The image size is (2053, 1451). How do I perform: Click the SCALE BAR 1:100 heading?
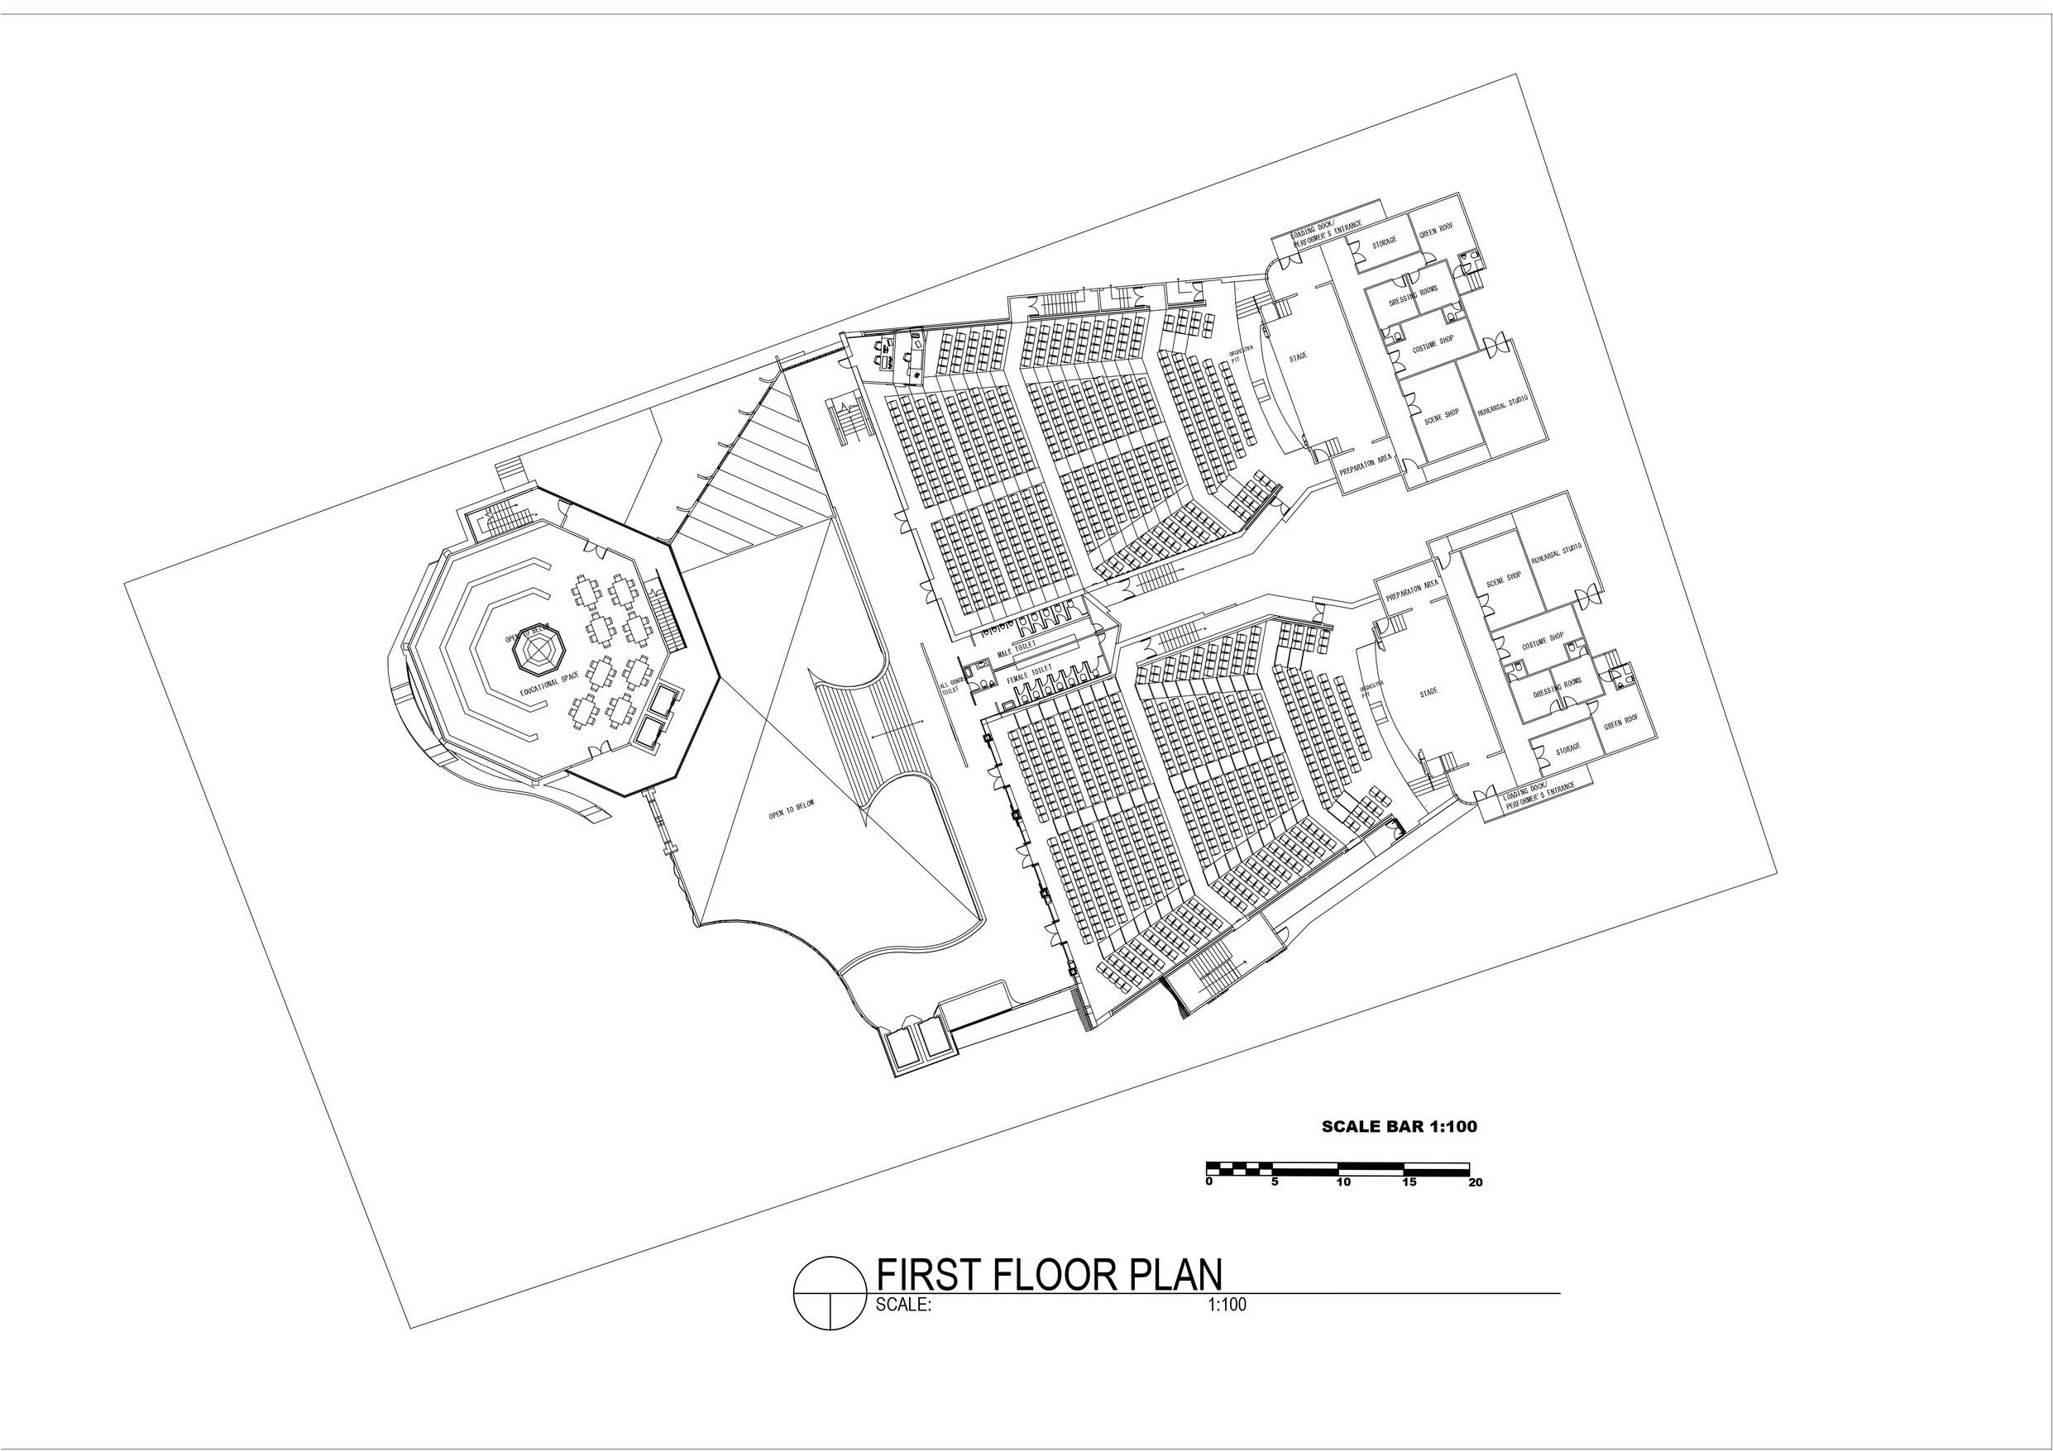(1400, 1126)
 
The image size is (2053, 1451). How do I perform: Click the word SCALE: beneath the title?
(904, 1305)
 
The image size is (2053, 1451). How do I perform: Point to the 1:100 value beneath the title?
(1227, 1305)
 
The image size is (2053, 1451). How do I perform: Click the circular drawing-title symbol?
(830, 1294)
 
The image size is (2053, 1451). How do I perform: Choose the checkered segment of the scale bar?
(1240, 1167)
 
